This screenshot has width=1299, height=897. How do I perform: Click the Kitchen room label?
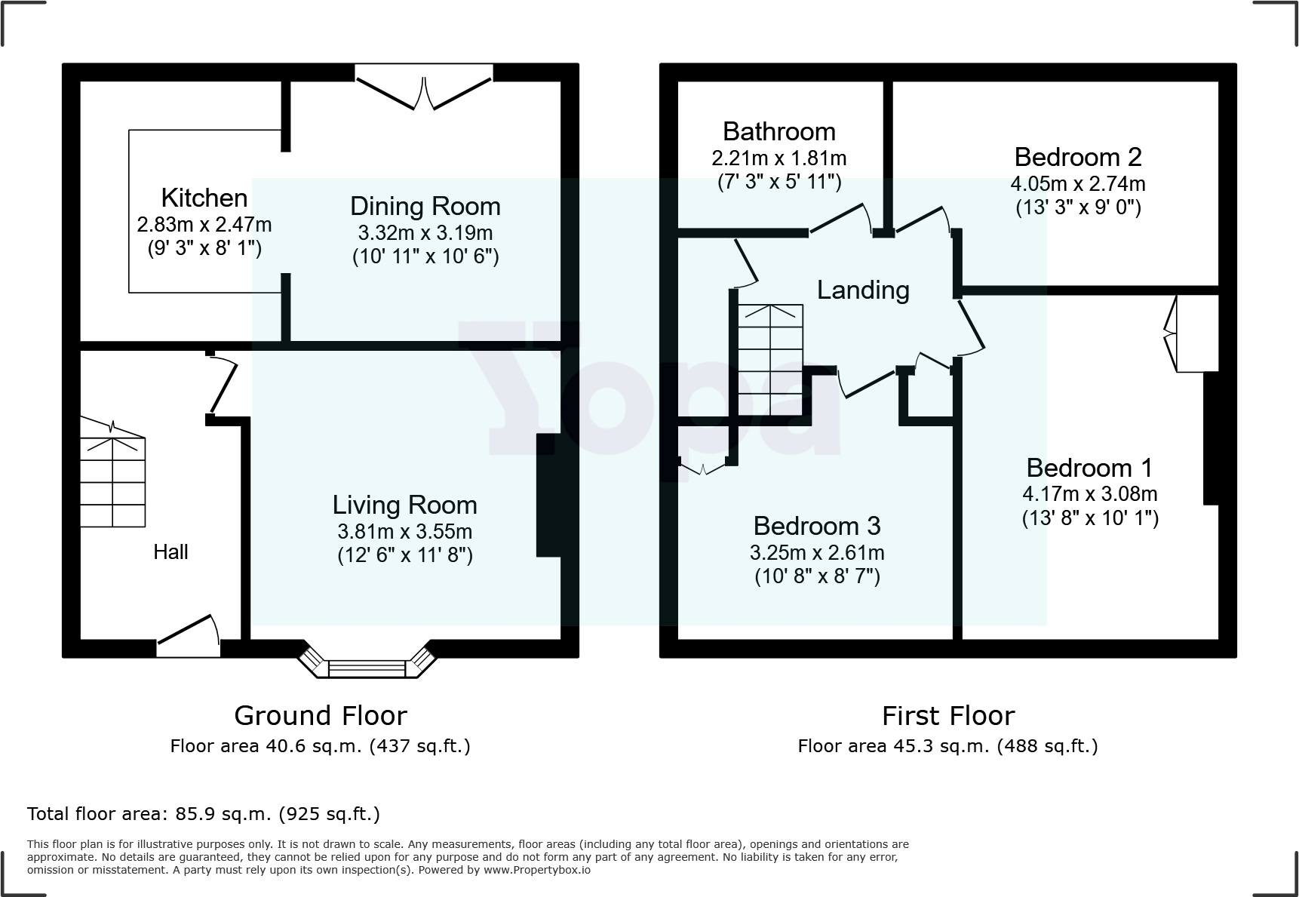[204, 198]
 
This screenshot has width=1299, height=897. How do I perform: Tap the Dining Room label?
[425, 206]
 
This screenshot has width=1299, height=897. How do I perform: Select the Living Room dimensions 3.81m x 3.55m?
[405, 531]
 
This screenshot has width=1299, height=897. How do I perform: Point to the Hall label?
[170, 552]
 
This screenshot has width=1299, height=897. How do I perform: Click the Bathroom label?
[779, 131]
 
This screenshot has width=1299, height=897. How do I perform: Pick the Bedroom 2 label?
[1078, 157]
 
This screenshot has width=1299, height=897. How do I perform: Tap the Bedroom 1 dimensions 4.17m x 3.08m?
[1090, 494]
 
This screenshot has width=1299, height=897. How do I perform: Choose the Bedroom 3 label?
[817, 526]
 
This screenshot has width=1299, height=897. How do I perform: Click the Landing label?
[863, 290]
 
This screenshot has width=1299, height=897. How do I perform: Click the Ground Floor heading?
[321, 715]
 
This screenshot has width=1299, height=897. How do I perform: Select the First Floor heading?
[948, 715]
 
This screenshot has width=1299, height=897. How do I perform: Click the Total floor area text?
[204, 814]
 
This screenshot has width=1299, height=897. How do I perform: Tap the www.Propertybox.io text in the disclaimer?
[537, 870]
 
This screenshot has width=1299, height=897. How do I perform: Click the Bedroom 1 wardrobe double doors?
[1172, 333]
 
